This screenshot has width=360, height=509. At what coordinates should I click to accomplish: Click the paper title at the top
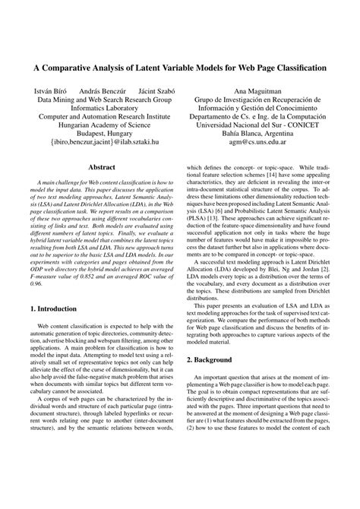click(180, 67)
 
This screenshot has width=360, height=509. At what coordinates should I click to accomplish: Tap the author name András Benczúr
click(105, 89)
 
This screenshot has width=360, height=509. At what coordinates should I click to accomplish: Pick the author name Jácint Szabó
click(156, 89)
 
